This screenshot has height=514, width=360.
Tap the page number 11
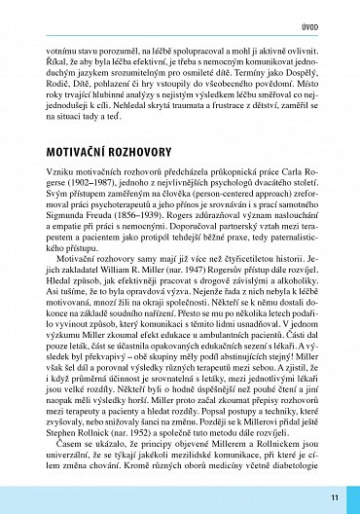tap(334, 497)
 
